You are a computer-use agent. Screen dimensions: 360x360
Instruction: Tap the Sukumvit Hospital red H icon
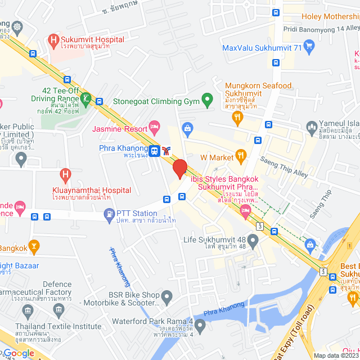[x=54, y=40]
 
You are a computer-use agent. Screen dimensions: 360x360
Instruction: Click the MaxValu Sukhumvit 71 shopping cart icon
[x=308, y=46]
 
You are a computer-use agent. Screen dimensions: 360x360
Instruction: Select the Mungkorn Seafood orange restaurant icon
[x=237, y=118]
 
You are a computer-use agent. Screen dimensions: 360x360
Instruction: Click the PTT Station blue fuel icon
[x=108, y=214]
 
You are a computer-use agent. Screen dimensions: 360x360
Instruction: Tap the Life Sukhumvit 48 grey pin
[x=253, y=242]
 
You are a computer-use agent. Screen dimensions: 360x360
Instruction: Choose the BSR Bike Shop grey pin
[x=166, y=295]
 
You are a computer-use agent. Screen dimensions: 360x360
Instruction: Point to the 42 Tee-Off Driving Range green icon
[x=85, y=100]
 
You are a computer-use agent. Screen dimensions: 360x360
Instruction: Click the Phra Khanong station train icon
[x=154, y=151]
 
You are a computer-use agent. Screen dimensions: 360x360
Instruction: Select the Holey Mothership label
[x=331, y=16]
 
